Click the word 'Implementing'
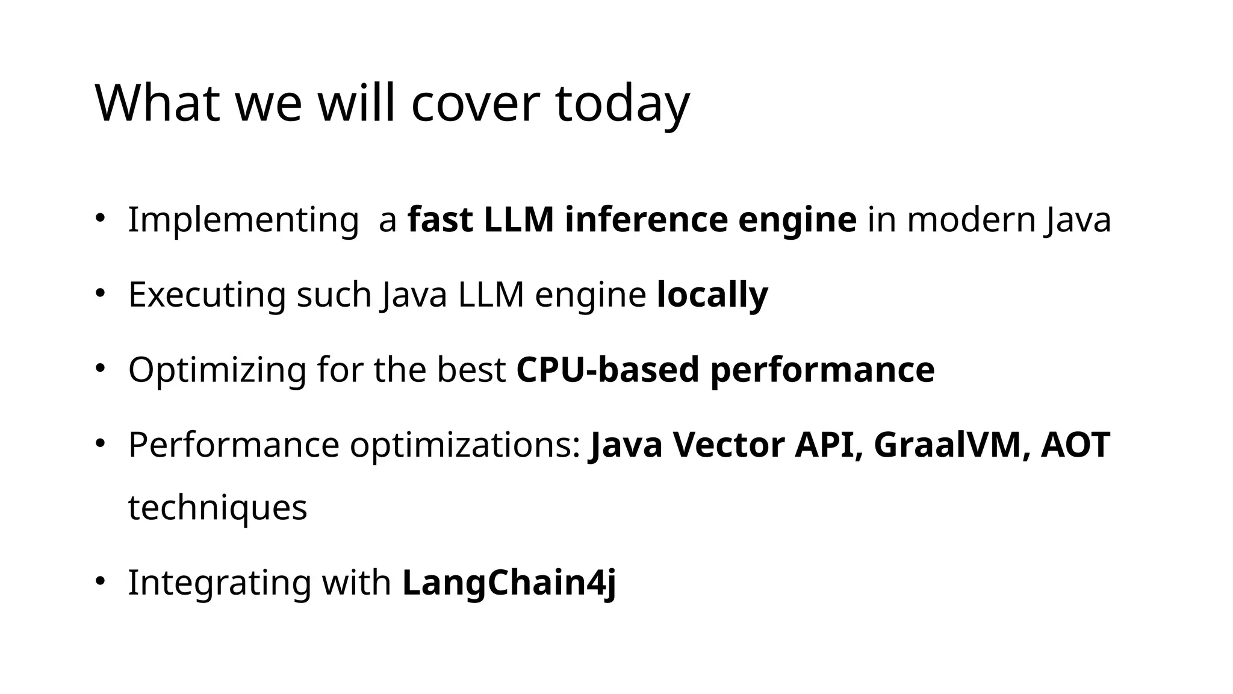pyautogui.click(x=243, y=220)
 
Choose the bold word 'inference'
pyautogui.click(x=646, y=219)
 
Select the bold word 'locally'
pyautogui.click(x=712, y=295)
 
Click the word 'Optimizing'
pyautogui.click(x=217, y=370)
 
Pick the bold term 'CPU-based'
pyautogui.click(x=607, y=370)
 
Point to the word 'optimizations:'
pyautogui.click(x=465, y=445)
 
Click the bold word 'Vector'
pyautogui.click(x=728, y=445)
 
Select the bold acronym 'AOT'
pyautogui.click(x=1075, y=445)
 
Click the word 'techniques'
pyautogui.click(x=217, y=507)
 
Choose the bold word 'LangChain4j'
pyautogui.click(x=509, y=583)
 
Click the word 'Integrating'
pyautogui.click(x=219, y=583)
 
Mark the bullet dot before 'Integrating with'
pyautogui.click(x=100, y=580)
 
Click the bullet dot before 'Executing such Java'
pyautogui.click(x=100, y=293)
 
